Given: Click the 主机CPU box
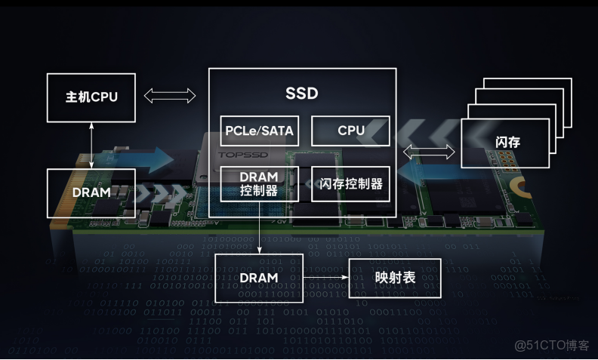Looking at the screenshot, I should coord(91,97).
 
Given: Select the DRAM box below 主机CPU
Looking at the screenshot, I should coord(91,192).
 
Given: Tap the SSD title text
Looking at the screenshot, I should coord(302,94).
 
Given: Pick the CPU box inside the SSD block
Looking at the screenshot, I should coord(351,131).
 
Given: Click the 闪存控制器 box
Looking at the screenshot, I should coord(351,183).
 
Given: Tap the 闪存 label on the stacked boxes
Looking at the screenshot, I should coord(507,143).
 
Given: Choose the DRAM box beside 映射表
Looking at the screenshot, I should coord(259,278).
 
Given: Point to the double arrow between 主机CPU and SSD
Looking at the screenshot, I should coord(170,96).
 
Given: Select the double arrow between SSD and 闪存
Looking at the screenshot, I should coord(428,152).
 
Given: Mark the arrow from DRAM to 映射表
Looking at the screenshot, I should coord(325,278).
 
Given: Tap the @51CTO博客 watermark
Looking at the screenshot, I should coord(552,346).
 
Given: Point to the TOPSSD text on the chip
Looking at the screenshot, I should coord(239,155).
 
